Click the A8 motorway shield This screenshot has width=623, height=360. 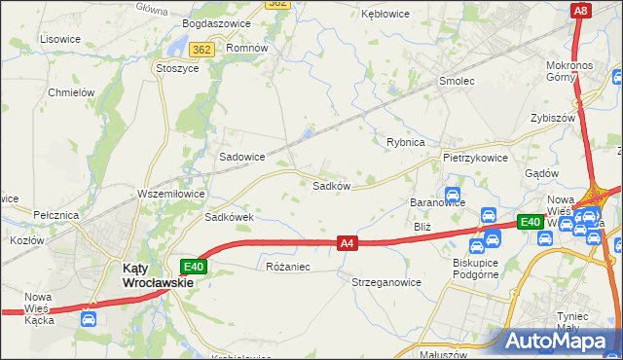[581, 11]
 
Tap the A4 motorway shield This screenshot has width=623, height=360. [348, 243]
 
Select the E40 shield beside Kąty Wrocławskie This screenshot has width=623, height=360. [193, 266]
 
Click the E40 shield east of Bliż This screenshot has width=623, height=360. [530, 223]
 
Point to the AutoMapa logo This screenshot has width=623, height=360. [559, 341]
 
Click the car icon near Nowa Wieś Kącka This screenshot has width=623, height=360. [89, 317]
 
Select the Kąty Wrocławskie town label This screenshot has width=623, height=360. [157, 275]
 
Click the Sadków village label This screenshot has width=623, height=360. [331, 184]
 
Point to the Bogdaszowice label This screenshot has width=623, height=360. [216, 23]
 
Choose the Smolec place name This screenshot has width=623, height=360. [457, 81]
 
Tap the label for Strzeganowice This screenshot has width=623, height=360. [385, 282]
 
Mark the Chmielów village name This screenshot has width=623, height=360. [71, 92]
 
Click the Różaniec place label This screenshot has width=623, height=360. [287, 266]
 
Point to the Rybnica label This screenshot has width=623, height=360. [405, 142]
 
